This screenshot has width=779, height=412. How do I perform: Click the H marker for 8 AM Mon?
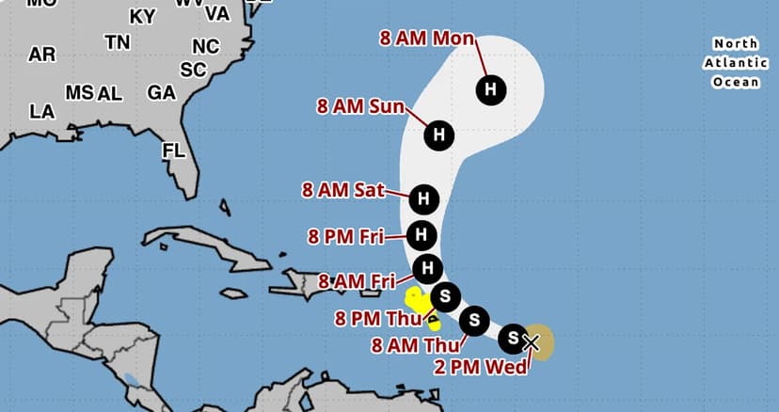click(x=490, y=89)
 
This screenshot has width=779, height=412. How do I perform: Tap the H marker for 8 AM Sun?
click(x=438, y=135)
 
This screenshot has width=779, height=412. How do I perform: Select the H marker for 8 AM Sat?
click(x=424, y=198)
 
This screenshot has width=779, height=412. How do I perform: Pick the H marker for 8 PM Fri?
click(x=422, y=234)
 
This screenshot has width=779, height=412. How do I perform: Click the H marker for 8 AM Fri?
click(x=428, y=268)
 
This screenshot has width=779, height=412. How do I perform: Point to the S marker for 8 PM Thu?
click(x=446, y=295)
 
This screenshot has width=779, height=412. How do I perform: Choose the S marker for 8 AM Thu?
click(x=475, y=320)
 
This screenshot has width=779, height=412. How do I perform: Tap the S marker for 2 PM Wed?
click(x=513, y=337)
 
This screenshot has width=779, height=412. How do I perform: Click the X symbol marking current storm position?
click(x=531, y=342)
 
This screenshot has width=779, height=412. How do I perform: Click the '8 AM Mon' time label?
click(x=426, y=39)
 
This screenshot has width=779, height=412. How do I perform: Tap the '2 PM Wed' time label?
click(x=481, y=367)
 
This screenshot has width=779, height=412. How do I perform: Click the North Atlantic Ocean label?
click(x=735, y=63)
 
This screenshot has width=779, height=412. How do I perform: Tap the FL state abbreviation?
click(x=173, y=151)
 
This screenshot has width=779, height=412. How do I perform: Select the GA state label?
click(x=161, y=93)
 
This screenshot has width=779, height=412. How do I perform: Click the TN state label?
click(x=118, y=42)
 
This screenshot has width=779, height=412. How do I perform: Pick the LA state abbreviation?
click(x=41, y=112)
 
